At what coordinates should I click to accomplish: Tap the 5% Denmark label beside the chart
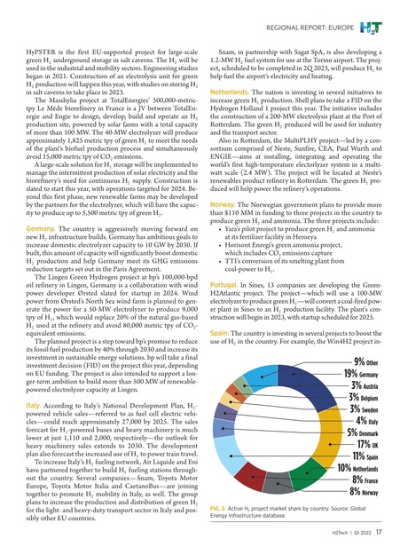[365, 455]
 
